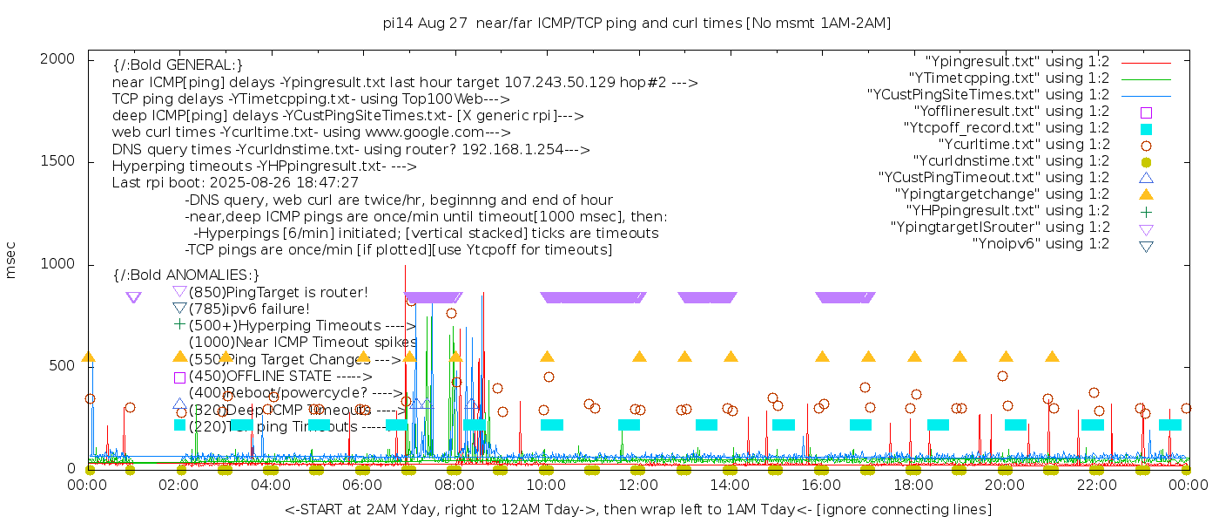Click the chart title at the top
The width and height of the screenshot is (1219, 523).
(x=636, y=23)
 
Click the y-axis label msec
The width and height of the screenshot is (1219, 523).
(x=11, y=262)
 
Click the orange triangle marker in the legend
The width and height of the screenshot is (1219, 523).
(x=1146, y=194)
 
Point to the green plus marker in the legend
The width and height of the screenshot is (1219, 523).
(x=1146, y=211)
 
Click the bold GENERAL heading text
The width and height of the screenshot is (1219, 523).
(x=178, y=65)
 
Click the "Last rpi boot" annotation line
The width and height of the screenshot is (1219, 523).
(x=235, y=183)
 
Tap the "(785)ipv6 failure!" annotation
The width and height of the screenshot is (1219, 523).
(x=249, y=309)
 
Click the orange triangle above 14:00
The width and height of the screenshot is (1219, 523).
(x=731, y=357)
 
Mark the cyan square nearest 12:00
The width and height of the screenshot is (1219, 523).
(x=629, y=425)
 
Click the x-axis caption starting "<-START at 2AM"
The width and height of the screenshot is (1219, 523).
(x=637, y=509)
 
